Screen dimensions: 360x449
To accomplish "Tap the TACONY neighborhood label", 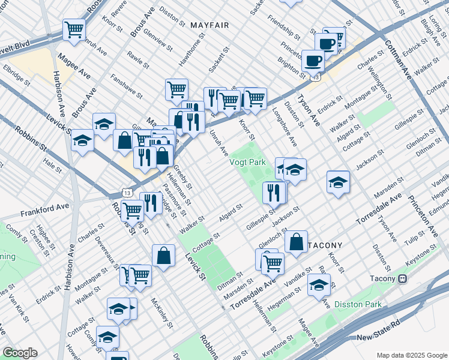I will click(x=325, y=245).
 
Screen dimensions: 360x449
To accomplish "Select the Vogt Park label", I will click(x=247, y=162).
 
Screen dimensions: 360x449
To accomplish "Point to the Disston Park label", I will click(x=358, y=304).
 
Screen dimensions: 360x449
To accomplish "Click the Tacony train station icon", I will click(x=402, y=278).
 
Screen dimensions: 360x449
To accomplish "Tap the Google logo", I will click(x=20, y=353).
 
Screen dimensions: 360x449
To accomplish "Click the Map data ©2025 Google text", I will click(x=411, y=355).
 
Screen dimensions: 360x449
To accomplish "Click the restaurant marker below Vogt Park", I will click(x=273, y=192).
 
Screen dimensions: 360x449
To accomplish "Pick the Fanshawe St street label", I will click(x=126, y=86).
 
